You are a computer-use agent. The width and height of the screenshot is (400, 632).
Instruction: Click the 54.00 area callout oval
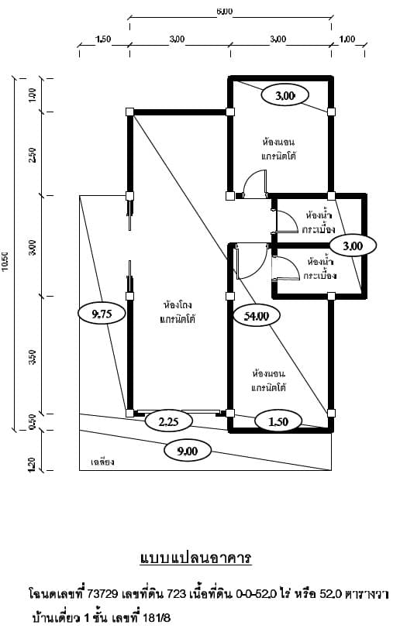point(257,316)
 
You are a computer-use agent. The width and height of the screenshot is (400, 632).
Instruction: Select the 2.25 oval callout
point(168,422)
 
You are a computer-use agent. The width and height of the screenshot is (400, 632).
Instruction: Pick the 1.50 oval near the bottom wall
point(278,422)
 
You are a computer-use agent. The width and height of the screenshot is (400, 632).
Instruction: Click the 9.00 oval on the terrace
point(188,451)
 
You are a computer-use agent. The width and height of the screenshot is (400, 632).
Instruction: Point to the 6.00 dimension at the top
point(225,12)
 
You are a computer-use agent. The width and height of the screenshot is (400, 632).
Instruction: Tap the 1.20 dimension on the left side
point(33,464)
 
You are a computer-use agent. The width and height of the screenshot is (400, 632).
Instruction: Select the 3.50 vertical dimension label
point(33,357)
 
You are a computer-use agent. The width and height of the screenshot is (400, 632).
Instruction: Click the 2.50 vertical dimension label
point(33,155)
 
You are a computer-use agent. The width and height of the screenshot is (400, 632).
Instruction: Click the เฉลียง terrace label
point(103,462)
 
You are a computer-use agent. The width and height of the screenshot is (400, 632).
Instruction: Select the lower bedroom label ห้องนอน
point(268,373)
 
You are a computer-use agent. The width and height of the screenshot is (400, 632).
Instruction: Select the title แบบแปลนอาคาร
point(196,558)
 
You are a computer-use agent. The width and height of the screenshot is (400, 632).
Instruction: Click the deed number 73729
point(102,594)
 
